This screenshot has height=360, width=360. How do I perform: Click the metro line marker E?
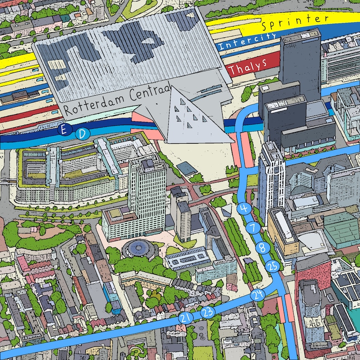(x=64, y=131)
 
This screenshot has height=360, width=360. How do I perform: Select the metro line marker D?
(x=82, y=133)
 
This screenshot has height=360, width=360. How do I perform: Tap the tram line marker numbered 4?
(x=244, y=208)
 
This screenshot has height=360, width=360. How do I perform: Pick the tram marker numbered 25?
(x=272, y=266)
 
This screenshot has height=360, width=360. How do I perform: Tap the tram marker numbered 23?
(x=208, y=312)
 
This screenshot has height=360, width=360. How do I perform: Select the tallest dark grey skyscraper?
(x=300, y=63)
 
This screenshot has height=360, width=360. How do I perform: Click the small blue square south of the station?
(x=186, y=169)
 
